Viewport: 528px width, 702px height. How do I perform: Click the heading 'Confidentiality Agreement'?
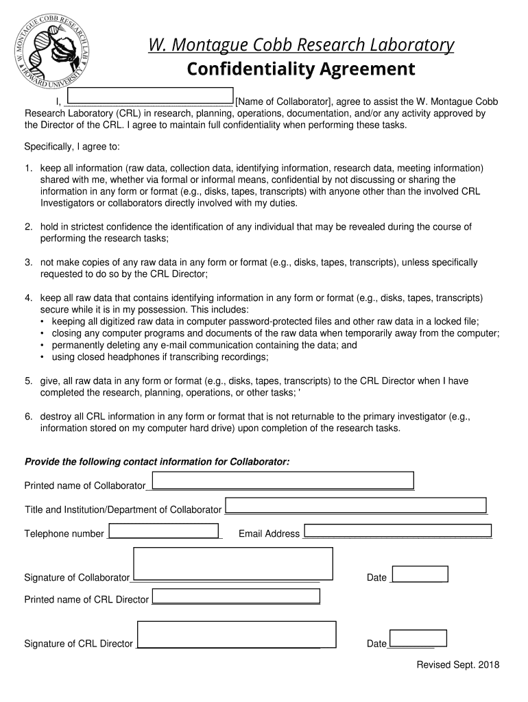tap(301, 69)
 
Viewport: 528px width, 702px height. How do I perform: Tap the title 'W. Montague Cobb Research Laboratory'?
tap(301, 45)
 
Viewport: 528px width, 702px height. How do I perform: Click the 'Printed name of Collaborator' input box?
tap(283, 480)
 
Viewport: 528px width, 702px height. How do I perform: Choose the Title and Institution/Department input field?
tap(356, 505)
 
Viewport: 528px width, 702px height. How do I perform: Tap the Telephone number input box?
tap(163, 531)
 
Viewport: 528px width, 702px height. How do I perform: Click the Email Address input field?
tap(398, 531)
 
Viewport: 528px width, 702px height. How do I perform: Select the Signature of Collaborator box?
tap(233, 564)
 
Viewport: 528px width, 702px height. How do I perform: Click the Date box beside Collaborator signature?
tap(419, 574)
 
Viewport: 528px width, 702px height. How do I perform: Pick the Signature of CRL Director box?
tap(237, 634)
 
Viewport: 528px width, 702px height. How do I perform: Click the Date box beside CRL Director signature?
tap(418, 638)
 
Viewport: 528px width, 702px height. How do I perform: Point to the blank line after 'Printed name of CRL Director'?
tap(236, 600)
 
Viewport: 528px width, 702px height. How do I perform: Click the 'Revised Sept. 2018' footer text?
tap(458, 665)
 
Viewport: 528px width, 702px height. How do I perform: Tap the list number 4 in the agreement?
tap(28, 298)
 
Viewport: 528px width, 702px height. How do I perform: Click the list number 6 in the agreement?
tap(28, 416)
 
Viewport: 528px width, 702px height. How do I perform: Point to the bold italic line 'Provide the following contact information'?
tap(157, 462)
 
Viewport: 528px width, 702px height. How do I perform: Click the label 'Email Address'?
tap(269, 533)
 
